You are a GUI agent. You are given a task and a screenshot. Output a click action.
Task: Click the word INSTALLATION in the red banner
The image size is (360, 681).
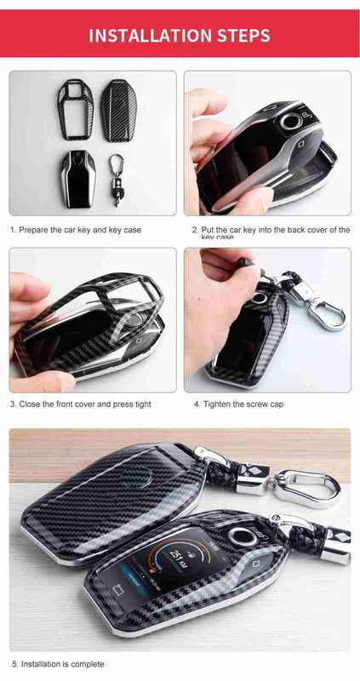(x=149, y=35)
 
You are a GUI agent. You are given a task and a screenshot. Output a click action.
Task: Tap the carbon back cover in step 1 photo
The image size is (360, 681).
(x=118, y=109)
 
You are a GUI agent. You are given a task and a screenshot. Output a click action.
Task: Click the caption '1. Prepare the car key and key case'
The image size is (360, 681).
(x=76, y=230)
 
